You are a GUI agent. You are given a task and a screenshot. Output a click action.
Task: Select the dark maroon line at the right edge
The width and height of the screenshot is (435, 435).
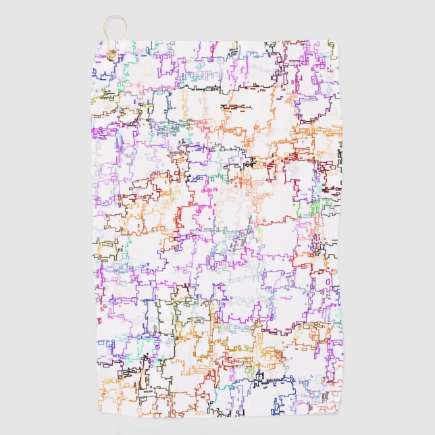click(x=338, y=182)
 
